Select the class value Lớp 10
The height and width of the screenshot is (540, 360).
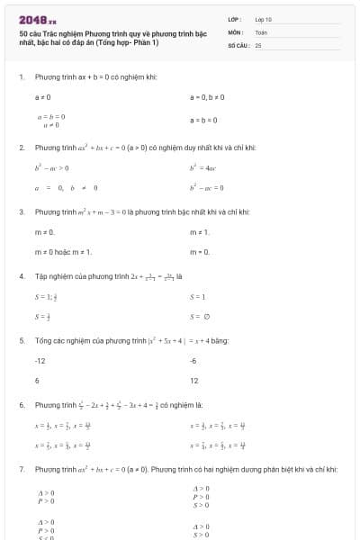pyautogui.click(x=263, y=18)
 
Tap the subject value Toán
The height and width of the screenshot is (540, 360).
pyautogui.click(x=261, y=31)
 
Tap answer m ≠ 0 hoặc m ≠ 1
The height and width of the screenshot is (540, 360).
pyautogui.click(x=63, y=252)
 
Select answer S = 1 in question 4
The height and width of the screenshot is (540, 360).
pyautogui.click(x=198, y=296)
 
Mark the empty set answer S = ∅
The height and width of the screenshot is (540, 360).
pyautogui.click(x=200, y=316)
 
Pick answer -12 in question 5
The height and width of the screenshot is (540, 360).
pyautogui.click(x=40, y=360)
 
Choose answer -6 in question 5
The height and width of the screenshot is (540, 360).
pyautogui.click(x=193, y=360)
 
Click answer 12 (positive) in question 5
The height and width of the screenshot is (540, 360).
pyautogui.click(x=194, y=380)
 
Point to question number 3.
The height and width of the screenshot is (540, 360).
pyautogui.click(x=21, y=211)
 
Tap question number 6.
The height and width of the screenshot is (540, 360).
pyautogui.click(x=21, y=405)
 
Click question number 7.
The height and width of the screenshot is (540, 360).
pyautogui.click(x=21, y=469)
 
